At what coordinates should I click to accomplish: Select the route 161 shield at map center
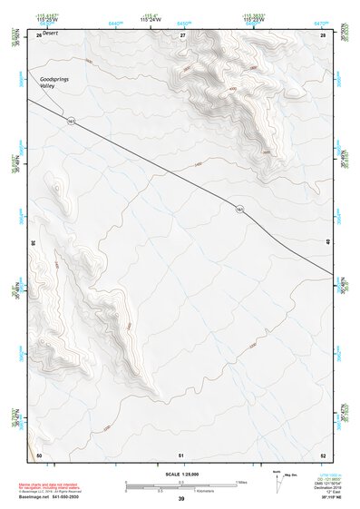click(x=239, y=209)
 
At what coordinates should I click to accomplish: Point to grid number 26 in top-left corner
click(x=38, y=34)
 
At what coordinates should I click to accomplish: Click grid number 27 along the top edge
click(x=182, y=34)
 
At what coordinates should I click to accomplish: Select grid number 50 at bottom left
click(x=38, y=454)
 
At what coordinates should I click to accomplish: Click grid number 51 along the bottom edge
click(x=182, y=454)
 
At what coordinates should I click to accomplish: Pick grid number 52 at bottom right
click(x=322, y=454)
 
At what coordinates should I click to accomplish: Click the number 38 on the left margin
click(x=33, y=243)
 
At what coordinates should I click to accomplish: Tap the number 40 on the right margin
click(x=327, y=240)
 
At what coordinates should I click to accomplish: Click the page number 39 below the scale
click(x=181, y=499)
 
